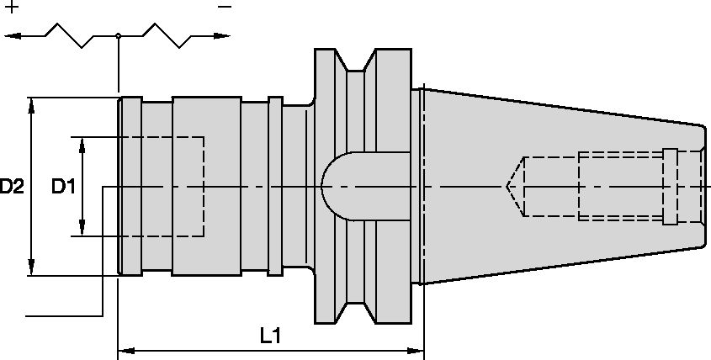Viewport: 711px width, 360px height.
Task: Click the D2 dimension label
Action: [11, 187]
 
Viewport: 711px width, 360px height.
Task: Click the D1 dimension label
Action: [63, 187]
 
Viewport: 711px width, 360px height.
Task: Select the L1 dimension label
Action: [271, 336]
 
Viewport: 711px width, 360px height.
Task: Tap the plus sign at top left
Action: [13, 7]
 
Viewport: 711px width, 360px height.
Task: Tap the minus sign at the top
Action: [225, 7]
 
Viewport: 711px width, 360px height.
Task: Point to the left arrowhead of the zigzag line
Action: [13, 35]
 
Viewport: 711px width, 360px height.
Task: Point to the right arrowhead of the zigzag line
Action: [222, 35]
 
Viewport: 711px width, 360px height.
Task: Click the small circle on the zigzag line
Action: [118, 35]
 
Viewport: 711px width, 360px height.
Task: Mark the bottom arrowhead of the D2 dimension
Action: [31, 267]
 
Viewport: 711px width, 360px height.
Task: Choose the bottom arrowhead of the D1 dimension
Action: [82, 228]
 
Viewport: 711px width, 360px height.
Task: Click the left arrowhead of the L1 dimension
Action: [126, 351]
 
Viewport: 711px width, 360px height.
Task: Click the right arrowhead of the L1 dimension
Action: [416, 351]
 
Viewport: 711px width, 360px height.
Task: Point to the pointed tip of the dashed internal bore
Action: [507, 187]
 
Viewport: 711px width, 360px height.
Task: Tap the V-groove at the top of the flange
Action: [355, 60]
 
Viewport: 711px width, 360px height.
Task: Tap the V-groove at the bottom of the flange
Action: [355, 313]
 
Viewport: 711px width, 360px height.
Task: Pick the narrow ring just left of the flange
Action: [275, 186]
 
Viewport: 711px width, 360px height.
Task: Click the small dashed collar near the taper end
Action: [670, 187]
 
